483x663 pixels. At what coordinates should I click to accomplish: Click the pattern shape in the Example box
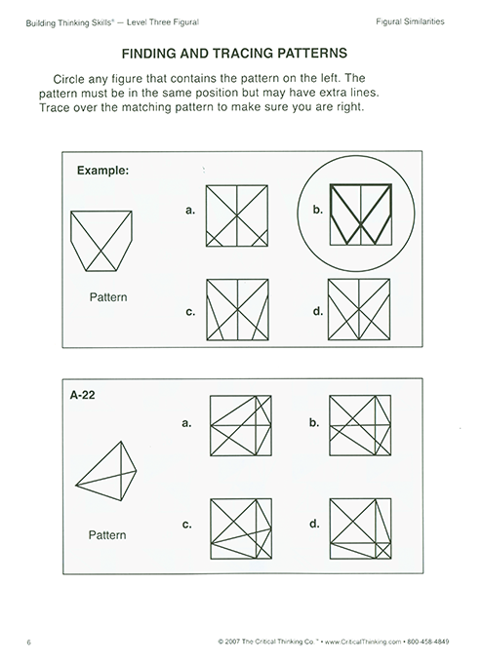pos(102,241)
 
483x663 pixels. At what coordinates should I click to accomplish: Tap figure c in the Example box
pos(238,310)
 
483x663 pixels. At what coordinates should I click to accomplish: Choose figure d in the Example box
pos(361,310)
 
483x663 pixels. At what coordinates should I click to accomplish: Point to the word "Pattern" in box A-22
pos(107,534)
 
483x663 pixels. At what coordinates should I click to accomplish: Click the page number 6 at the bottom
pos(30,642)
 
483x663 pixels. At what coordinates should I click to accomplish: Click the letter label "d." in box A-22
pos(314,524)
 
